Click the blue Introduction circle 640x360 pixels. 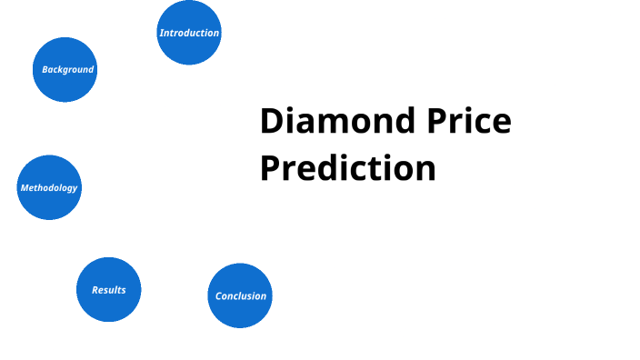click(x=189, y=33)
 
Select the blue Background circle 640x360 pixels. click(x=65, y=69)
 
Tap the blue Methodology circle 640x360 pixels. click(x=49, y=187)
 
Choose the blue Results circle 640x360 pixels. click(x=109, y=289)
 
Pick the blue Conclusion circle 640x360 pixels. click(x=240, y=295)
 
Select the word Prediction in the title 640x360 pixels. click(x=347, y=168)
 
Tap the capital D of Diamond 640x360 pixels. click(x=271, y=122)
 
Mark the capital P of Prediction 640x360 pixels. click(x=270, y=168)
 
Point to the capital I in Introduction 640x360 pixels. click(x=161, y=33)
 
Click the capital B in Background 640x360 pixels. click(x=45, y=69)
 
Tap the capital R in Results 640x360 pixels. click(x=95, y=290)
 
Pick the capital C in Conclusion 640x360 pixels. click(x=218, y=296)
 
